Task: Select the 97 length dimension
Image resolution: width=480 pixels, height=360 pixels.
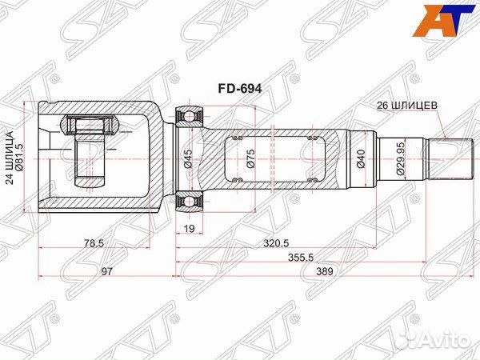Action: pyautogui.click(x=106, y=271)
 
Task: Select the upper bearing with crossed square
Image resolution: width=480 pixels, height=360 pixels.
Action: pyautogui.click(x=190, y=116)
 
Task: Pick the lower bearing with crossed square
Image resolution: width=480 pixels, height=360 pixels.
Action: pyautogui.click(x=190, y=202)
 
